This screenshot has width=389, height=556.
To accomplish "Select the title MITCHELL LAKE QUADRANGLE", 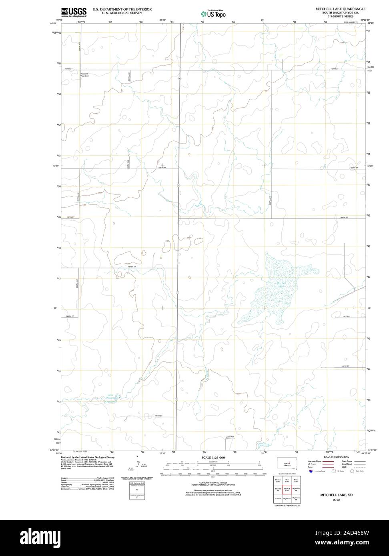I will tap(340, 8).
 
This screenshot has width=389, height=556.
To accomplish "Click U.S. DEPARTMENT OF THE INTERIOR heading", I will tap(122, 9).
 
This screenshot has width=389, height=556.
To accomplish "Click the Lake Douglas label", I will tap(110, 396).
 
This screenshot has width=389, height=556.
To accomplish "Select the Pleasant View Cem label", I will tap(84, 75).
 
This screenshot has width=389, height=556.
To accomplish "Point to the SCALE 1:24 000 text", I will tap(213, 457).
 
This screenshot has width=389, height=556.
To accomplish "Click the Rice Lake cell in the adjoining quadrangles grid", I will tap(287, 480).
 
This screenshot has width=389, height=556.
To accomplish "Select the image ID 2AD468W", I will tap(352, 533).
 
